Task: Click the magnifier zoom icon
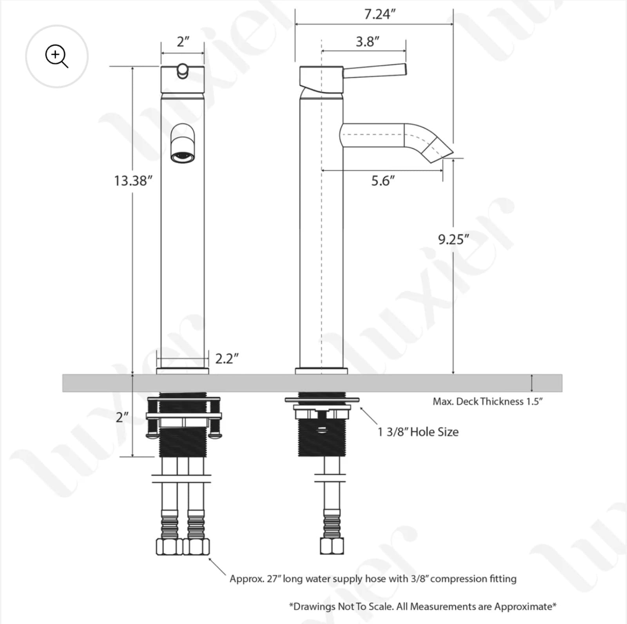(57, 56)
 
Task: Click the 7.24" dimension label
(379, 14)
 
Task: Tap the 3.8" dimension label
(368, 41)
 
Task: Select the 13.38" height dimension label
(133, 181)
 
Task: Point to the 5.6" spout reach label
(383, 181)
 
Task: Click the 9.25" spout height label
(453, 239)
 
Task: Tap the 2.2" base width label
(227, 358)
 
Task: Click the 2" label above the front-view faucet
(183, 42)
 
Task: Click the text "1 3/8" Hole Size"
(418, 432)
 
